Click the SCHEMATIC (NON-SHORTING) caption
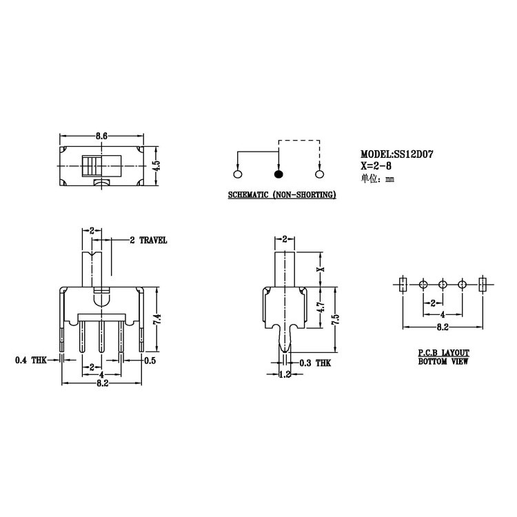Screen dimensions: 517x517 point(282,196)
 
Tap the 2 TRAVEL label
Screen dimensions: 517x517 point(148,241)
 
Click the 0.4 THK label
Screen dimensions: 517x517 point(31,360)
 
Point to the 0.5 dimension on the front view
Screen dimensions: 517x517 point(150,360)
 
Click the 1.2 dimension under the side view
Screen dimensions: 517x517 point(285,374)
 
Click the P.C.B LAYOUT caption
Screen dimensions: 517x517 point(443,352)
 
